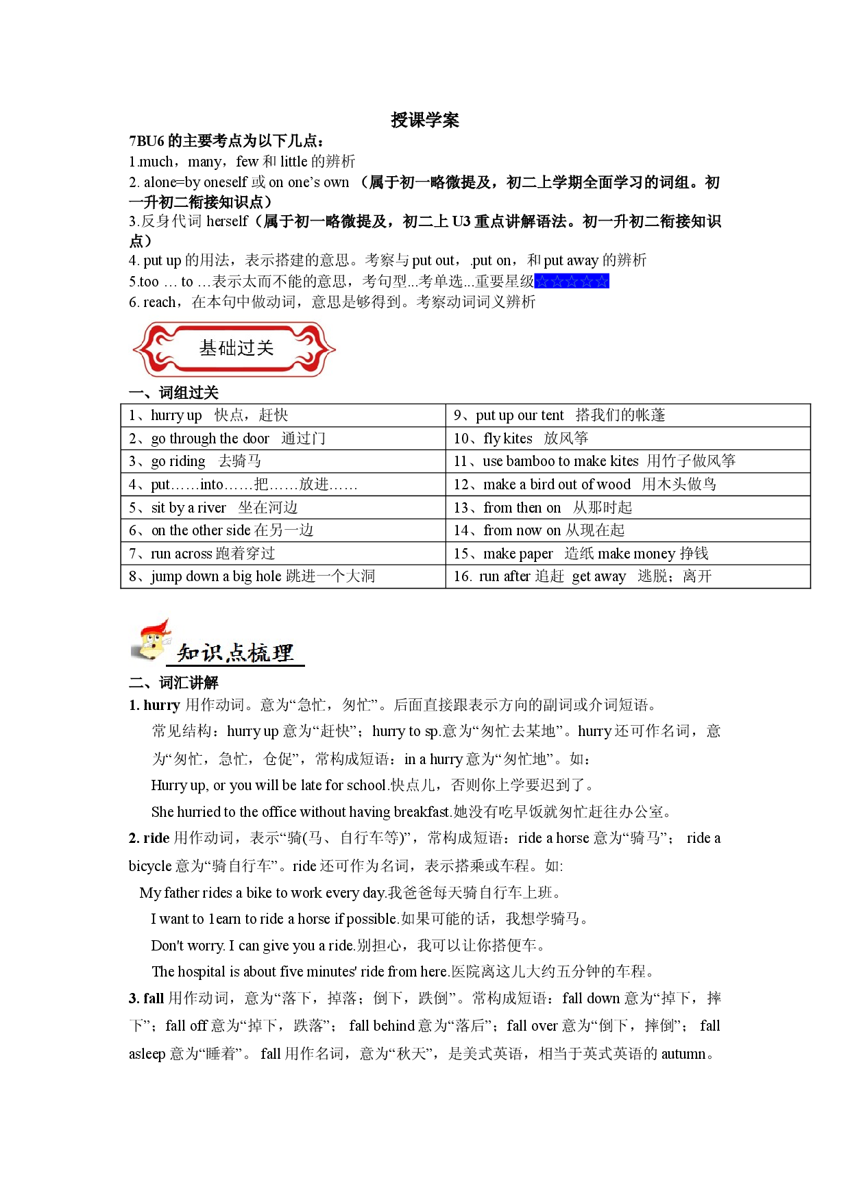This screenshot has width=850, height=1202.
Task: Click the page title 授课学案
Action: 424,120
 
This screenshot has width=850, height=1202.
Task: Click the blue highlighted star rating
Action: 572,281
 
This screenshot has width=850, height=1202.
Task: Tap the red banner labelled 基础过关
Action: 234,349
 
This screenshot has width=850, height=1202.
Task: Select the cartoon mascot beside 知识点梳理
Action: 151,640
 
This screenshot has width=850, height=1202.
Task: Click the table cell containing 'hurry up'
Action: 283,415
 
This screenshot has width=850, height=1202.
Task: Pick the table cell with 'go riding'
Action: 283,461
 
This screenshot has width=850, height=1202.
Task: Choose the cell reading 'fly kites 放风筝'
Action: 628,439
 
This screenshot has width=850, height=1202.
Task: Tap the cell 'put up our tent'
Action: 628,415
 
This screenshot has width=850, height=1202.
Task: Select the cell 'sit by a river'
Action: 283,507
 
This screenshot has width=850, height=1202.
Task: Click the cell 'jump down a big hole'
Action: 283,576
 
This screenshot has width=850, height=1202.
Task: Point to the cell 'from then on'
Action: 628,507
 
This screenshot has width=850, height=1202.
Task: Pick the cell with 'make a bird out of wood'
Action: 628,485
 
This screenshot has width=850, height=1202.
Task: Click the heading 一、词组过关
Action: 173,393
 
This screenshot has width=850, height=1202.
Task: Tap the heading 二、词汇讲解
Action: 173,683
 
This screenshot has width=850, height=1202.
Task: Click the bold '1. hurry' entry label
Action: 154,705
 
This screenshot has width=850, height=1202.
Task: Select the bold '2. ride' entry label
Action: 149,838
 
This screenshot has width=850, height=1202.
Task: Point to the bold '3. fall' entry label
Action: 146,998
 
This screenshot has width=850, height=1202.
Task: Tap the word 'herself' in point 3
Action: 227,221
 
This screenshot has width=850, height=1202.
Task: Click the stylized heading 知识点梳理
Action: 235,653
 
